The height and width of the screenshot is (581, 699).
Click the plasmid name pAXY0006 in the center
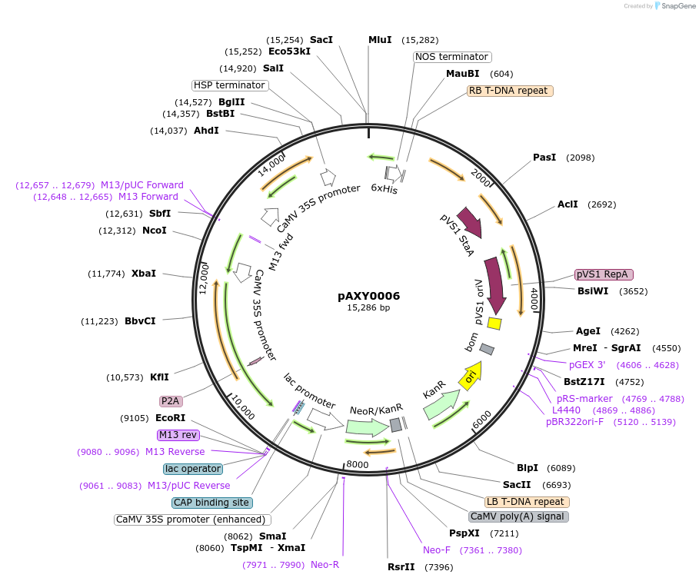tap(368, 296)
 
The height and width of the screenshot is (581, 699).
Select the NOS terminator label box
tap(451, 57)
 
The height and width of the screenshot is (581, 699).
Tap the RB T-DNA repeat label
tap(509, 91)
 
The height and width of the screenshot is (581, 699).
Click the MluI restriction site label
tap(380, 40)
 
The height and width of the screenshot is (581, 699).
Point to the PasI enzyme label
tap(544, 158)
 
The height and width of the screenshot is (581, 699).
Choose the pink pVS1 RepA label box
tap(603, 274)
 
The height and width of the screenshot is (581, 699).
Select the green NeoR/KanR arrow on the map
tap(368, 427)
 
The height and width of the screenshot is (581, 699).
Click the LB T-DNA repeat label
tap(527, 502)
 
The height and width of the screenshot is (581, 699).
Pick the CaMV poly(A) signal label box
tap(518, 516)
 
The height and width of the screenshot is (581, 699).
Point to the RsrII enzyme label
tap(401, 567)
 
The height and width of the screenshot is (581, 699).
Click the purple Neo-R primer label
tap(325, 565)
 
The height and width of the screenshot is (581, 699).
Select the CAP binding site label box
tap(212, 503)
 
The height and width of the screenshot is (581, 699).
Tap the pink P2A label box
tap(170, 401)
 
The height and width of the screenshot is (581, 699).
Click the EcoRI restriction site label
tap(170, 418)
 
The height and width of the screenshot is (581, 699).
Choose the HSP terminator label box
tap(229, 85)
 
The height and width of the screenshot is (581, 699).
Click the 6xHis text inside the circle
tap(384, 188)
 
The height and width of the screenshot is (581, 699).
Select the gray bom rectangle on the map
tap(487, 350)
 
